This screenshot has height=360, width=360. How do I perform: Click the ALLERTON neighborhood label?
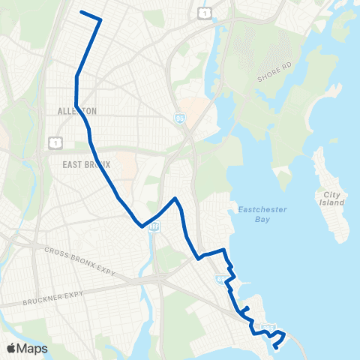tap(77, 111)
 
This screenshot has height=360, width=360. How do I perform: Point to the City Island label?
tap(332, 198)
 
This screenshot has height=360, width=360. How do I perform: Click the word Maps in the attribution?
tap(33, 348)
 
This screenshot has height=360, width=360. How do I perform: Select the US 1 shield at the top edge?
tap(205, 13)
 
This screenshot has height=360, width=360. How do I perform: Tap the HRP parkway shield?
tap(154, 226)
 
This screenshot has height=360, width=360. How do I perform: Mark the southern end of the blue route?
tap(276, 346)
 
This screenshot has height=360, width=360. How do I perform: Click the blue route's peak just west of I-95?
tap(175, 199)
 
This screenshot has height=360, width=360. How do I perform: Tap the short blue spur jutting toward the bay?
tap(246, 307)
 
